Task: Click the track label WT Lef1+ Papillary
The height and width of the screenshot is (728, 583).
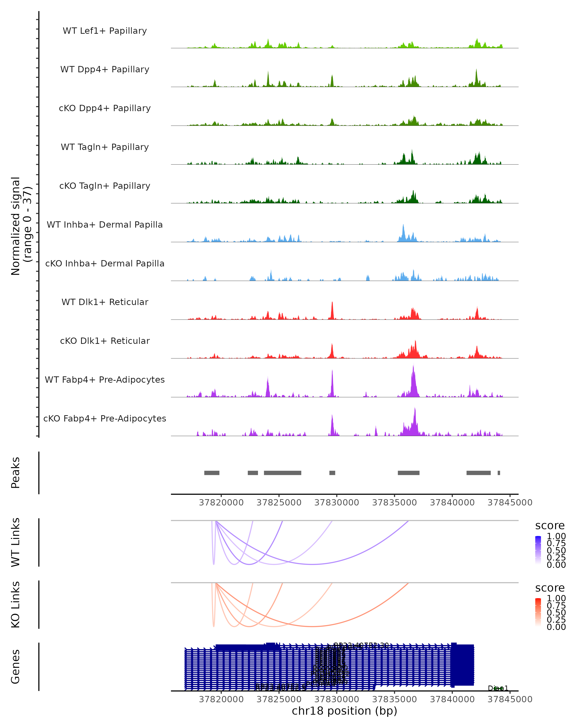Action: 105,31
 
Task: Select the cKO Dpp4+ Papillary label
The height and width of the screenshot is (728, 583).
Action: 105,108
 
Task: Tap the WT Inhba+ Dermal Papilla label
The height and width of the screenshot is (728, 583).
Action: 105,225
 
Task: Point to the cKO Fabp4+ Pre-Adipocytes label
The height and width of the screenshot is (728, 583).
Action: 105,419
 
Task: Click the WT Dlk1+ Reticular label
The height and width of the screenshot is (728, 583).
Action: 105,302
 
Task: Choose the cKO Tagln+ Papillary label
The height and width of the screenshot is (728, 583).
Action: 105,186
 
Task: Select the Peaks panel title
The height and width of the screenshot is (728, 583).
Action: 16,473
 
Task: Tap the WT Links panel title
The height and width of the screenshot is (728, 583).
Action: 16,542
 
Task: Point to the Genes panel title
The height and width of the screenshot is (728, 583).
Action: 16,667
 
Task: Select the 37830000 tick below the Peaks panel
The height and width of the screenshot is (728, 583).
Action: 337,503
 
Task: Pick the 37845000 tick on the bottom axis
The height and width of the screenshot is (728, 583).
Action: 510,699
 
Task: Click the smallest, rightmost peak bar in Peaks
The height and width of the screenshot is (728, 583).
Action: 499,473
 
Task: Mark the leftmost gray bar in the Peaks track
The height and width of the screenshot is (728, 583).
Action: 212,473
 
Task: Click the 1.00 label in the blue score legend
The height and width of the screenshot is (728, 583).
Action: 556,536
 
